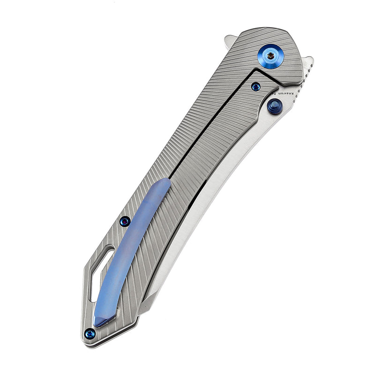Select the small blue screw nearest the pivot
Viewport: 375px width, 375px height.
255,86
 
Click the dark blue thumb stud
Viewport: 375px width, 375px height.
274,107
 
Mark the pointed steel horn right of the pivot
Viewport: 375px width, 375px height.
307,61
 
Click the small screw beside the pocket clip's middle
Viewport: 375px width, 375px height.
125,221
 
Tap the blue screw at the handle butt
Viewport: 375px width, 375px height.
90,333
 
